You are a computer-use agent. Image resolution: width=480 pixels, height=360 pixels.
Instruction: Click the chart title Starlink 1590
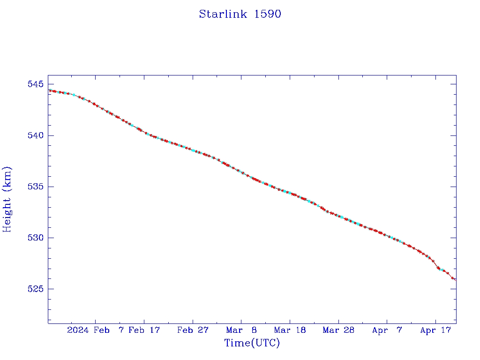tap(240, 14)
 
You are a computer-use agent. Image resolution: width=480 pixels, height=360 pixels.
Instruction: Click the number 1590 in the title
tap(268, 14)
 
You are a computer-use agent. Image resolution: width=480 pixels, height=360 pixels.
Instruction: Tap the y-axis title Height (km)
tap(7, 199)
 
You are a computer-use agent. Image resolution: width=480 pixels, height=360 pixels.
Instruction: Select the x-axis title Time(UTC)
tap(252, 343)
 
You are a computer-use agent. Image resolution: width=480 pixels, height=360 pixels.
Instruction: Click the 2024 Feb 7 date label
tap(96, 330)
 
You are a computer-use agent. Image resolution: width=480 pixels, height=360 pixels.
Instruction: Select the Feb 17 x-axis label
tap(144, 330)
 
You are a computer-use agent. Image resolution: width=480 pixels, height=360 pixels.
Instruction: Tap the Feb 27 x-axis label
tap(193, 330)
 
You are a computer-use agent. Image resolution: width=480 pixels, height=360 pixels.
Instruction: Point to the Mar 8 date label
tap(241, 330)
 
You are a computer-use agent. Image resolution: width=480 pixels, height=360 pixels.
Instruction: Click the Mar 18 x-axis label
tap(290, 330)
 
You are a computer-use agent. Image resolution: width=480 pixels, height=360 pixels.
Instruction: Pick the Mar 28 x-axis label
tap(338, 330)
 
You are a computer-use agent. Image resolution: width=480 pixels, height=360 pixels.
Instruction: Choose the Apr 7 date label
tap(387, 330)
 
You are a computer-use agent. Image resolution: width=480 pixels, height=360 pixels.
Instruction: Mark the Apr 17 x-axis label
tap(435, 330)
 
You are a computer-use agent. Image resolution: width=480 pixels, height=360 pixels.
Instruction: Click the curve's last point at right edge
tap(455, 280)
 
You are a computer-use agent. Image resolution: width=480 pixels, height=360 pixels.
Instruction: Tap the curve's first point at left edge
tap(49, 90)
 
